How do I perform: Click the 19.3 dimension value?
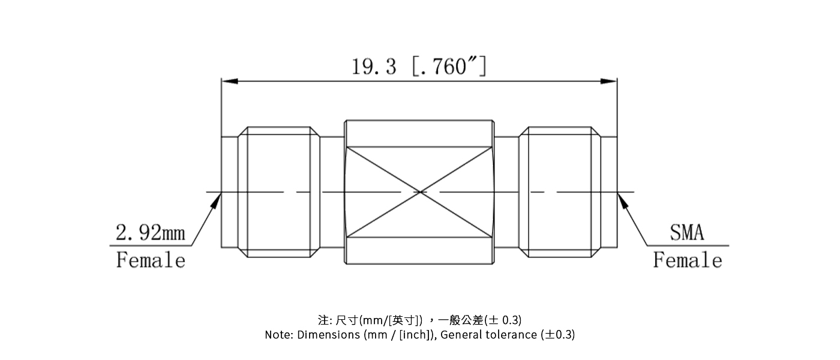(x=374, y=67)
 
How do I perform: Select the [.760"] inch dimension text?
(x=449, y=67)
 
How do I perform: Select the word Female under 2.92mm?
(x=151, y=260)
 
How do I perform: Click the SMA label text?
(x=687, y=233)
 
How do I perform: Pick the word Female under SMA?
(x=688, y=260)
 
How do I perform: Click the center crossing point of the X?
(x=420, y=192)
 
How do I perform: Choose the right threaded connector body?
(x=559, y=192)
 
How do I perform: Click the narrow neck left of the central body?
(x=332, y=192)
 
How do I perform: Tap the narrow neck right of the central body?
(x=507, y=192)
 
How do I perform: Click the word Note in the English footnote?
(x=278, y=335)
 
